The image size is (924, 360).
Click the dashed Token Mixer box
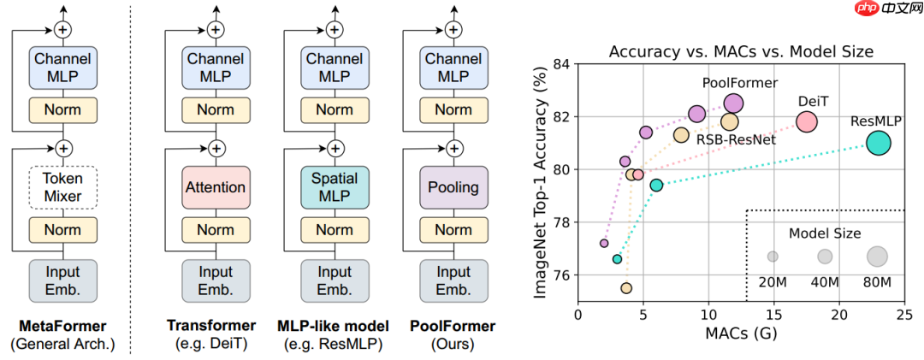click(x=62, y=187)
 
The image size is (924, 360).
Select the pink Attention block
click(x=216, y=187)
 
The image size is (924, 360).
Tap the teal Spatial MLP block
click(x=334, y=187)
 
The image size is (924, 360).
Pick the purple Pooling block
click(x=453, y=187)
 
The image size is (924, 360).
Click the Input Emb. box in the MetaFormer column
click(x=62, y=279)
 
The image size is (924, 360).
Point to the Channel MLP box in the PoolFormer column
click(x=453, y=68)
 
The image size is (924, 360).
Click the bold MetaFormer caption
click(x=62, y=326)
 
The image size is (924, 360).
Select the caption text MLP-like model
click(x=334, y=326)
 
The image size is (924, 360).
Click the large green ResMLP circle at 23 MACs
click(x=879, y=143)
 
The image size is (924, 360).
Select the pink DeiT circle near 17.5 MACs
click(x=807, y=121)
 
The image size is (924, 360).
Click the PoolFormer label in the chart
click(x=740, y=83)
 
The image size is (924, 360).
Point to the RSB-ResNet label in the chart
click(x=736, y=139)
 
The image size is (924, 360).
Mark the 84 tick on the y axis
click(x=561, y=64)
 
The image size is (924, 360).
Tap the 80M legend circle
click(x=877, y=256)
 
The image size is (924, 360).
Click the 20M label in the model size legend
click(x=773, y=282)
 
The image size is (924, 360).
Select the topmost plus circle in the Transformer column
click(x=216, y=30)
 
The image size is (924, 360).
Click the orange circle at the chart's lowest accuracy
click(x=626, y=288)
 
